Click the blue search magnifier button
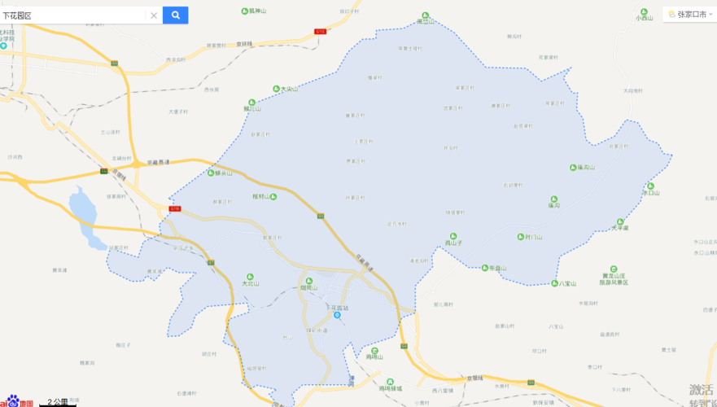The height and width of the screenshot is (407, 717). pos(175,15)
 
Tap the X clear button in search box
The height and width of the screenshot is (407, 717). pos(153,15)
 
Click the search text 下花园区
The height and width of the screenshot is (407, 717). pos(18,15)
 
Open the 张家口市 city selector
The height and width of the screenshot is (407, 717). pos(688,14)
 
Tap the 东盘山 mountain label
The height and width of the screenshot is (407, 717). pos(496,268)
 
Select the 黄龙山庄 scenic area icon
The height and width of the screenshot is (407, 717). pos(614,269)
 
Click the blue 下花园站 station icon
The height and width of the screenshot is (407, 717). pos(337,315)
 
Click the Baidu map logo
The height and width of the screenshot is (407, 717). pos(16,401)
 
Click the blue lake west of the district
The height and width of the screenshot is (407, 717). pos(84,210)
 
